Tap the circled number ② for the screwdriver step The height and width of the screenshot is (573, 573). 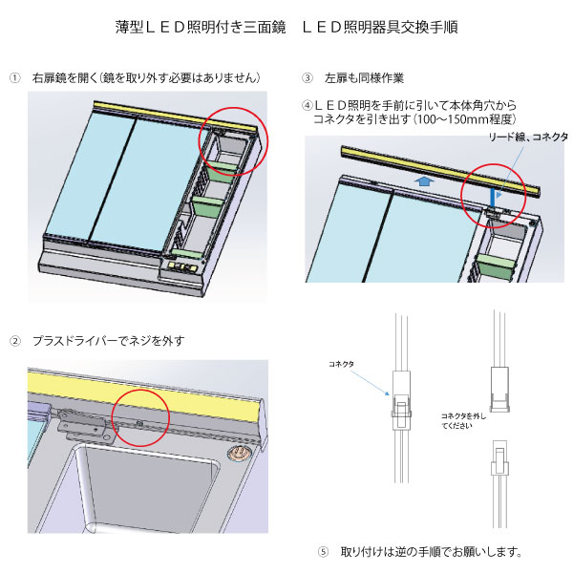[x=16, y=340]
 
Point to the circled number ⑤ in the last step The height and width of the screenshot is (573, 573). [x=322, y=552]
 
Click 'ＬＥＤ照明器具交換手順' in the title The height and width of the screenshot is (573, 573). [x=380, y=26]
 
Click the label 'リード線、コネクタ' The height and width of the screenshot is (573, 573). [x=527, y=138]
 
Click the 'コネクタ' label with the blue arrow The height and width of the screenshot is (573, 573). [x=341, y=364]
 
